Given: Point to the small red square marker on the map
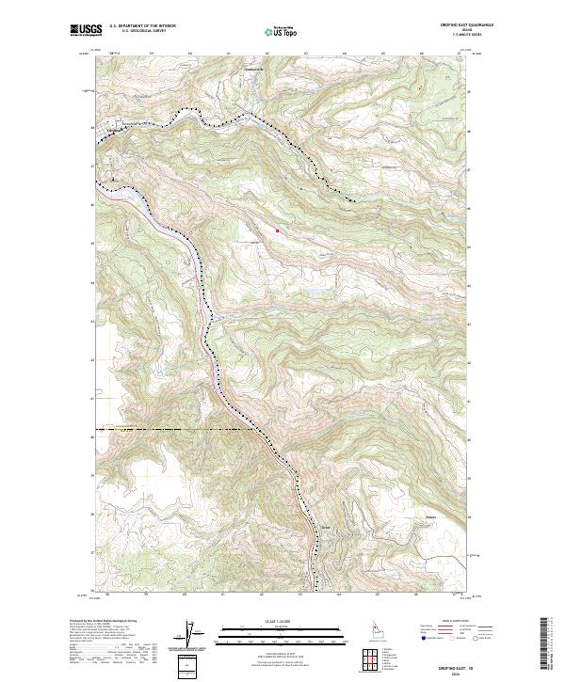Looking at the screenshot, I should click(x=278, y=229).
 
